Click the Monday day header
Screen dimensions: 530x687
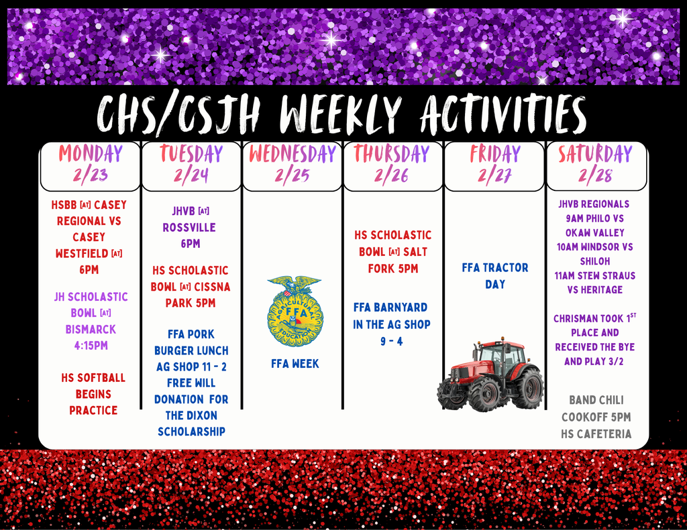tap(91, 153)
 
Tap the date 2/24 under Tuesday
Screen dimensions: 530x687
tap(191, 176)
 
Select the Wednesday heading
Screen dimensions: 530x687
tap(293, 153)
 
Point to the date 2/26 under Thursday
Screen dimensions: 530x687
tap(392, 176)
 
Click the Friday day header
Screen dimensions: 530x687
tap(494, 153)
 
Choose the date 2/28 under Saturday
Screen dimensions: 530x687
tap(595, 176)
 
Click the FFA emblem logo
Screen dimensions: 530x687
tap(295, 310)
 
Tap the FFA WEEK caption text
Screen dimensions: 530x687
tap(295, 364)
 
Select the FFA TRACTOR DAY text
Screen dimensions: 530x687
tap(494, 275)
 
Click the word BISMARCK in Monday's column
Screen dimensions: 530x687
tap(91, 329)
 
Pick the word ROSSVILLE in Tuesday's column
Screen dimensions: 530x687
tap(190, 227)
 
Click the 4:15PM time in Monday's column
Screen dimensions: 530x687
tap(91, 346)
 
